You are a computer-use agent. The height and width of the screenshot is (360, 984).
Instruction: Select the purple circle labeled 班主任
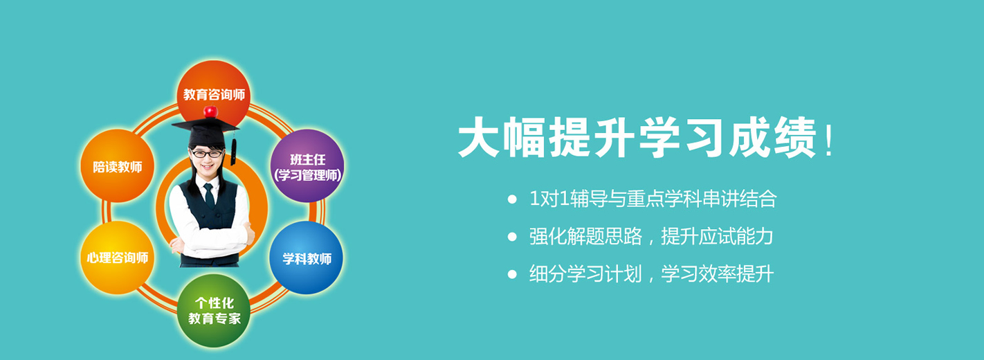tap(307, 165)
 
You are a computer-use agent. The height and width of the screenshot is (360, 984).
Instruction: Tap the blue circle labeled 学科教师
tap(306, 258)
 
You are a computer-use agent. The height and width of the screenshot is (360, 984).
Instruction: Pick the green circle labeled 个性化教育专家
tap(214, 311)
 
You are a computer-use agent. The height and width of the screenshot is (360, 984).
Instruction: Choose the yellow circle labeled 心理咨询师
tap(117, 258)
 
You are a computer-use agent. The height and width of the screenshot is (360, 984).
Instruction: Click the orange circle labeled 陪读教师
tap(117, 165)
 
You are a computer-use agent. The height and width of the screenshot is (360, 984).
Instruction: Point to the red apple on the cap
tap(210, 111)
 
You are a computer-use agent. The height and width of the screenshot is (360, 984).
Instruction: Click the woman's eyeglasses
tap(206, 154)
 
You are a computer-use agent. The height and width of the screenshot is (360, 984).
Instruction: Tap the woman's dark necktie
tap(209, 195)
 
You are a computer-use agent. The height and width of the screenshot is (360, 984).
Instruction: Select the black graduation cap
tap(206, 132)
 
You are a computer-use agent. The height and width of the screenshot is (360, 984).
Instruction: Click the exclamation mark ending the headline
tap(829, 140)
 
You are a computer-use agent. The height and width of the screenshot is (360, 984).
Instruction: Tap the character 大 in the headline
tap(479, 136)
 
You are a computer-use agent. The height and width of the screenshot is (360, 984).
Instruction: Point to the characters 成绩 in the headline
tap(773, 136)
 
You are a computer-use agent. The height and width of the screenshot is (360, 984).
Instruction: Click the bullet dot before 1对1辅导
tap(512, 199)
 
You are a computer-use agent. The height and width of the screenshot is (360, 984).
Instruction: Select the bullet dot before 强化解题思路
tap(512, 237)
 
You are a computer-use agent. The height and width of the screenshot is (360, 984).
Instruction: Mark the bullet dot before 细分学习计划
tap(512, 275)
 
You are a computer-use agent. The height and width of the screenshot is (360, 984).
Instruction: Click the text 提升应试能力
tap(717, 237)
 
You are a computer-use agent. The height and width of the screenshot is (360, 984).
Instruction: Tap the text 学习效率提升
tap(717, 274)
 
